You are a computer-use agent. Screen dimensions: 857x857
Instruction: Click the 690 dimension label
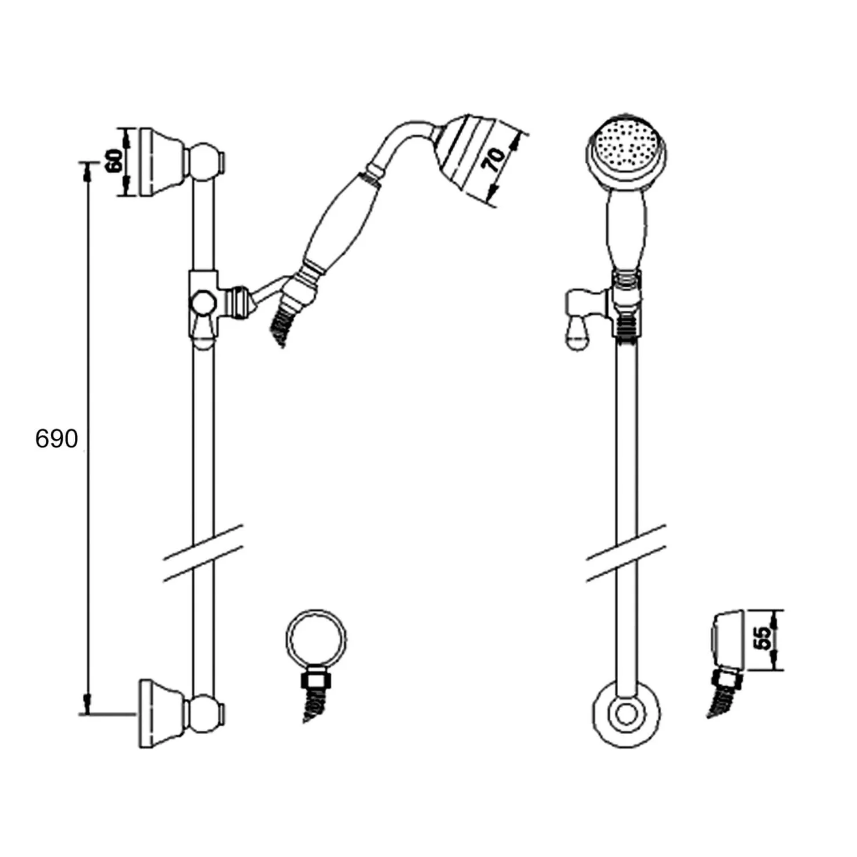pos(57,439)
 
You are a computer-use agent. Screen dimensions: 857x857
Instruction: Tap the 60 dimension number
pos(114,161)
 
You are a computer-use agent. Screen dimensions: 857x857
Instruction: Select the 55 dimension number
pos(763,638)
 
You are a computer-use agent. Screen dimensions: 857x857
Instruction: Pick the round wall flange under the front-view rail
pos(627,714)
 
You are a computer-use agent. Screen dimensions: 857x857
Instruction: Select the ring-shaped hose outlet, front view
pos(316,639)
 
